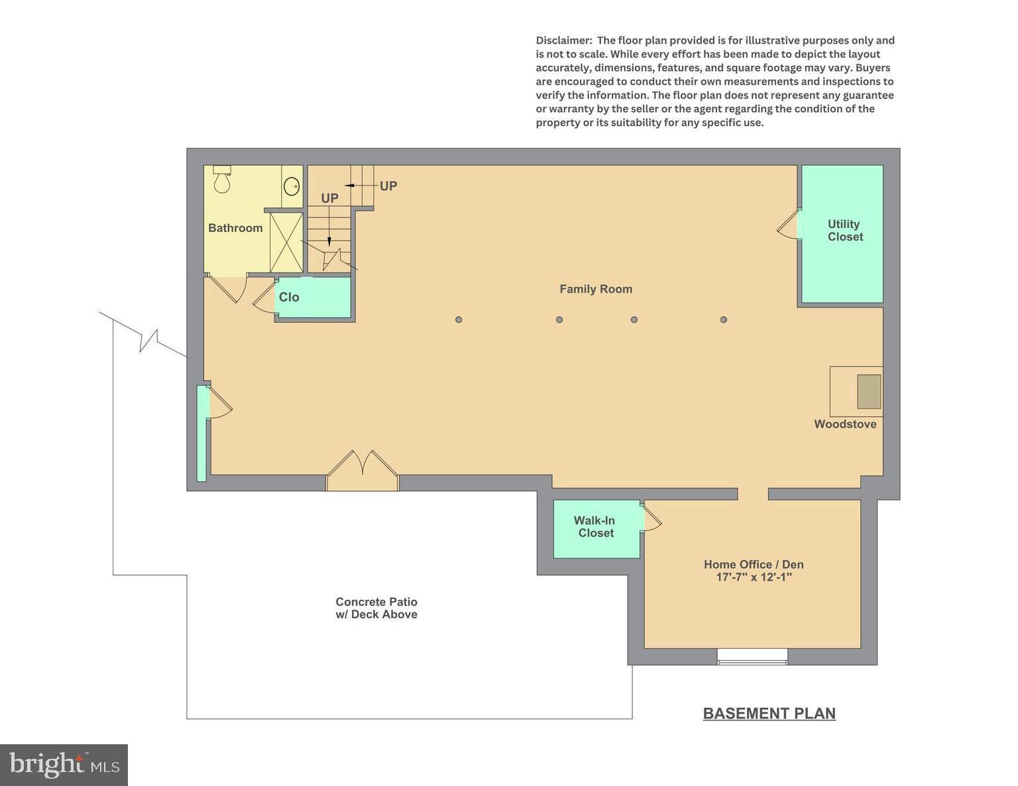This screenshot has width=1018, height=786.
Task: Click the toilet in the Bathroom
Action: pyautogui.click(x=222, y=180)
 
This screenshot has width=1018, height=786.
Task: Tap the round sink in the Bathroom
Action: pyautogui.click(x=292, y=186)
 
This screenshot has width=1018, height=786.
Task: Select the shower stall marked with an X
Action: pyautogui.click(x=286, y=243)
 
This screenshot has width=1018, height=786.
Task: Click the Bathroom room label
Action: pyautogui.click(x=235, y=228)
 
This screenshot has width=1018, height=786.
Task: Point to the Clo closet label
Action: pyautogui.click(x=289, y=298)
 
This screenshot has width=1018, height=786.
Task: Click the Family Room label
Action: pyautogui.click(x=595, y=289)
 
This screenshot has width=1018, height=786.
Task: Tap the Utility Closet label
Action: pyautogui.click(x=844, y=231)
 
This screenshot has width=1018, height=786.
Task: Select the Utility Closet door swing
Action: pyautogui.click(x=788, y=225)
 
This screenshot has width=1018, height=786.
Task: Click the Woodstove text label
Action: pyautogui.click(x=845, y=424)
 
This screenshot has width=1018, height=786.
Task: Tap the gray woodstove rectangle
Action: pyautogui.click(x=869, y=391)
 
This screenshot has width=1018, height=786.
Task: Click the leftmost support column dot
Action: pyautogui.click(x=459, y=319)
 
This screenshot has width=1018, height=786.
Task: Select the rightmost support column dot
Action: pyautogui.click(x=723, y=319)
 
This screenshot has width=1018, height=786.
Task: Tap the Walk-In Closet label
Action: pyautogui.click(x=594, y=527)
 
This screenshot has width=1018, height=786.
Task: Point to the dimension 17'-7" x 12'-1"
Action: pyautogui.click(x=754, y=577)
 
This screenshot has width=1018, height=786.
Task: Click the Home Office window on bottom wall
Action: pyautogui.click(x=752, y=657)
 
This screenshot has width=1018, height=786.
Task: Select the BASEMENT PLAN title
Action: pyautogui.click(x=769, y=714)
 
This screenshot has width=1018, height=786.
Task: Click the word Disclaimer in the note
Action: pyautogui.click(x=563, y=40)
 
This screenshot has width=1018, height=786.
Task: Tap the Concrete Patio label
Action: pyautogui.click(x=376, y=608)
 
